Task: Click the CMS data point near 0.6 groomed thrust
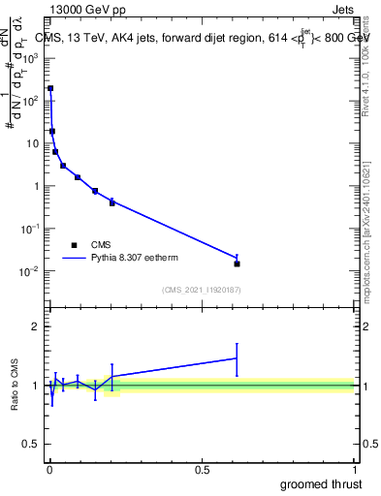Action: (x=237, y=263)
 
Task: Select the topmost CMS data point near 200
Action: (x=50, y=88)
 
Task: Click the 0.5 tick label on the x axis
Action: (x=202, y=470)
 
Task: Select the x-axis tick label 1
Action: (x=355, y=470)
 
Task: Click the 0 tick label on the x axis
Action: (x=49, y=470)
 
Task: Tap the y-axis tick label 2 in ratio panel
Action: (x=36, y=326)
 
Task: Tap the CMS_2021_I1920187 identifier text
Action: (x=201, y=290)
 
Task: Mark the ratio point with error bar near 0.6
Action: (x=237, y=358)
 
